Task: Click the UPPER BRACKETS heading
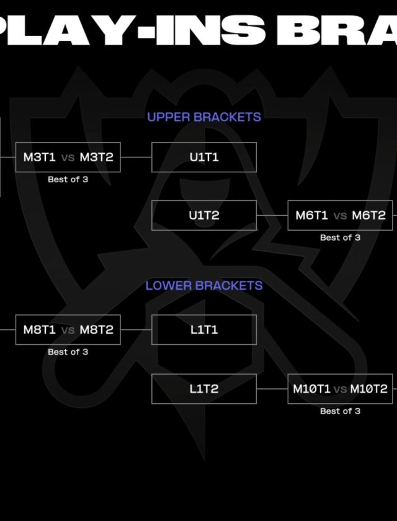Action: pos(204,117)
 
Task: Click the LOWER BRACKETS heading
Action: pos(204,285)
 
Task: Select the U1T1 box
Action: pos(204,158)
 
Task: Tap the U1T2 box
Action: pos(204,215)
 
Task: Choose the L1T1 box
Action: pos(204,330)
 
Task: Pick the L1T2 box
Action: pos(204,389)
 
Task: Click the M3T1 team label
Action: pos(40,158)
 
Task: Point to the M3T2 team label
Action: pos(97,158)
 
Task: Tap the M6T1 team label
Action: pos(311,216)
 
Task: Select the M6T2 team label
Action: pos(369,216)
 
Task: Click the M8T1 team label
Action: pos(40,330)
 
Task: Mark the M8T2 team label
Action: pos(97,330)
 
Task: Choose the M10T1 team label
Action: pos(312,389)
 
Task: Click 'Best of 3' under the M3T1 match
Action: pos(68,179)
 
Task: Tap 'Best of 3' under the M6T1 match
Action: pos(340,238)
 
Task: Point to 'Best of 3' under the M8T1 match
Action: pos(68,352)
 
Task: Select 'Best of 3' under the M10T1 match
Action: pos(340,411)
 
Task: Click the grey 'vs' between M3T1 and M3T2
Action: pos(68,158)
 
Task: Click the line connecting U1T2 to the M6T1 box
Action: pos(272,216)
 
